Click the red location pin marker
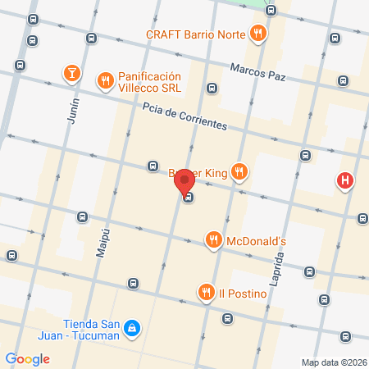pos(184,180)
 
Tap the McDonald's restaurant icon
pos(213,240)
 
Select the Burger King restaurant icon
pos(239,172)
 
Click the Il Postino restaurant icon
pos(204,291)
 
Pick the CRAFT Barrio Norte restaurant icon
pos(258,34)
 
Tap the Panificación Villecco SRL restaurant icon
pos(105,80)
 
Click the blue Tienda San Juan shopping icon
pos(132,330)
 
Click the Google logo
pos(27,358)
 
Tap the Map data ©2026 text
pos(333,362)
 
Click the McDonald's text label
pos(256,241)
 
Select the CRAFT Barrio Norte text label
pos(196,34)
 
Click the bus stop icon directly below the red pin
pos(189,197)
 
